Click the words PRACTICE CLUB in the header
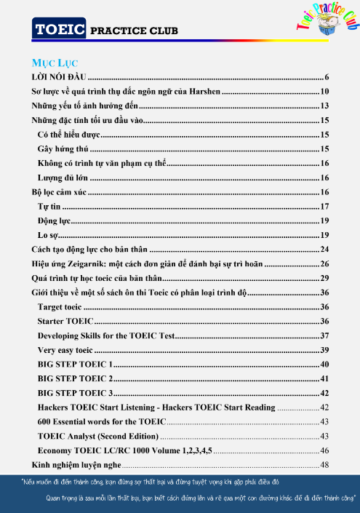coord(134,31)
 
